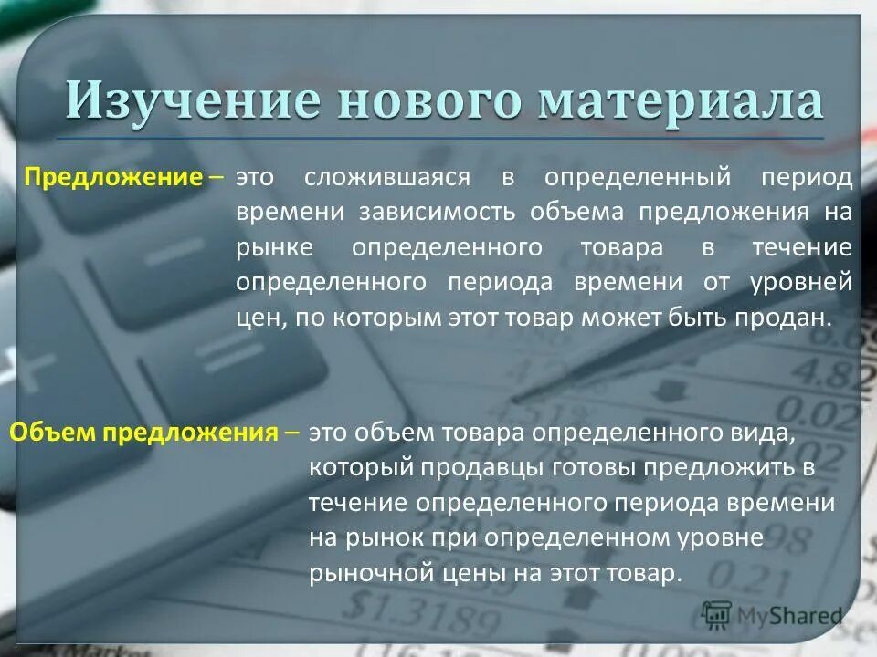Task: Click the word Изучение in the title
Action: [x=191, y=101]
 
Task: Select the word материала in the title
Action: [x=681, y=101]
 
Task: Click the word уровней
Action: [x=801, y=283]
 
